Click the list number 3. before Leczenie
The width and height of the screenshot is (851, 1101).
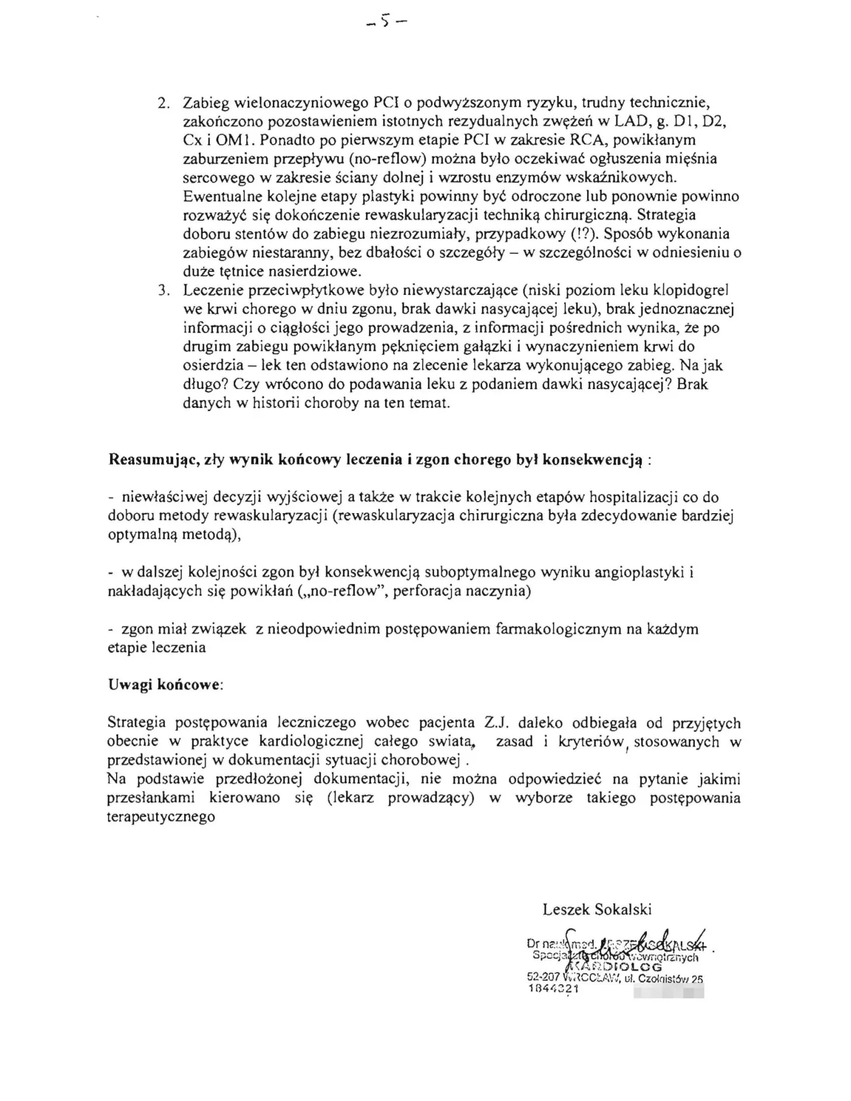163,291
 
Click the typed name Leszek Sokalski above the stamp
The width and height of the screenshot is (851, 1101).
597,909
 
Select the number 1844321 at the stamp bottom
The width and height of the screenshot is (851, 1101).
552,989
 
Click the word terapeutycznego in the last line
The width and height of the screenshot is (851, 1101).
161,817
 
